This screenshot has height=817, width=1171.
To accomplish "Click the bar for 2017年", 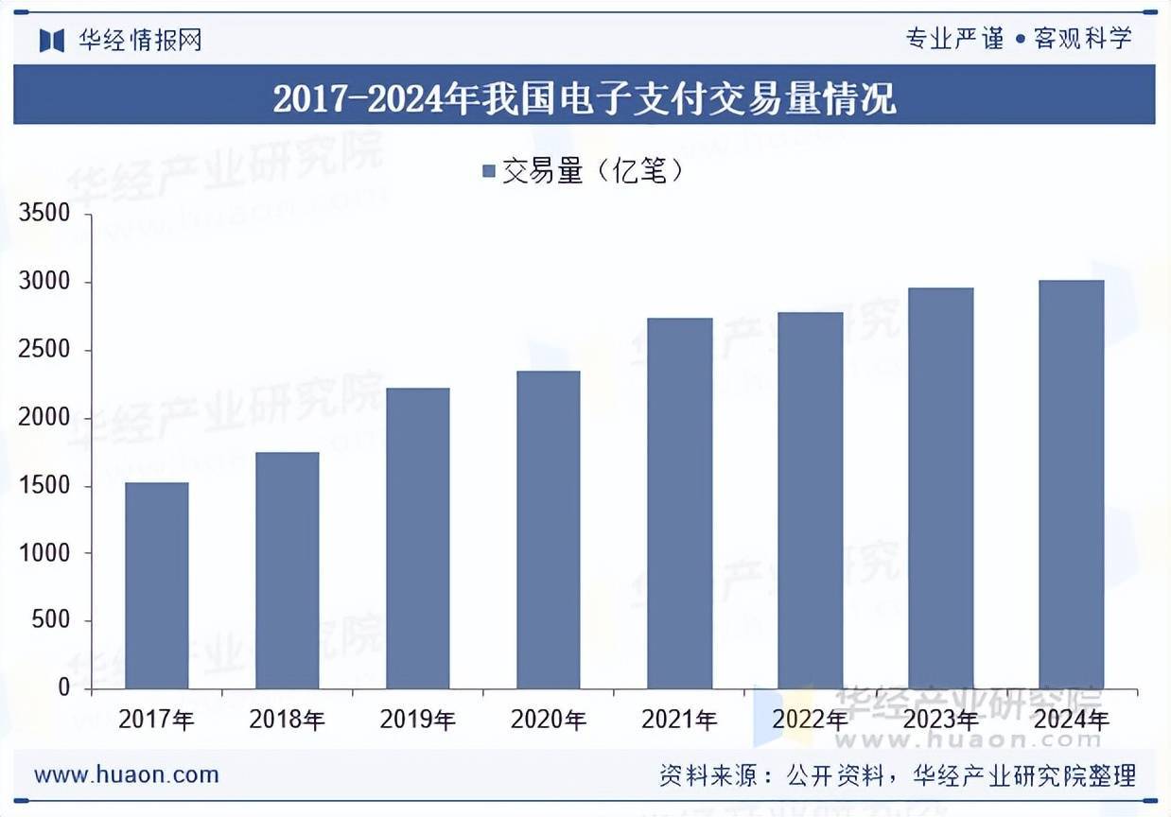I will (157, 585).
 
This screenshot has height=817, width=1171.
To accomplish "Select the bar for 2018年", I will (288, 570).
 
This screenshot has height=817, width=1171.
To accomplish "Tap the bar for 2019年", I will (418, 538).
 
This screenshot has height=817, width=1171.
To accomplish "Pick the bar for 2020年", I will (549, 530).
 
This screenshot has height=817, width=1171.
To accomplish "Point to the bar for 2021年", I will (679, 503).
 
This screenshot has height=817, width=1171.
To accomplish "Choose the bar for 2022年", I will (811, 500).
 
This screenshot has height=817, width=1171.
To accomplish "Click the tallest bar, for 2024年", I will (1072, 484).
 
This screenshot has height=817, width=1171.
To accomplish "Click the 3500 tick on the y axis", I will (44, 214).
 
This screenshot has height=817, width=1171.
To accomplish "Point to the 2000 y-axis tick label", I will (44, 418).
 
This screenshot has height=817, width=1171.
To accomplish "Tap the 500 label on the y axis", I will (52, 621).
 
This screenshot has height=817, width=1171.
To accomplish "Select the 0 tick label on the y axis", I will (64, 688).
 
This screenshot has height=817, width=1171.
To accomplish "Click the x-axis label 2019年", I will (418, 720).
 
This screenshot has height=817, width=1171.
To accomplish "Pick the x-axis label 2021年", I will (679, 720).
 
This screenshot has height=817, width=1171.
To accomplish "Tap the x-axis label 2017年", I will (157, 720).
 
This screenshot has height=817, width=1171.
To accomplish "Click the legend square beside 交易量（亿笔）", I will (489, 172).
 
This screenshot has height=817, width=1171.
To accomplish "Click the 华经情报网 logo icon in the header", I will (51, 40).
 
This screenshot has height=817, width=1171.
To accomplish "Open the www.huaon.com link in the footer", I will (127, 775).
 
